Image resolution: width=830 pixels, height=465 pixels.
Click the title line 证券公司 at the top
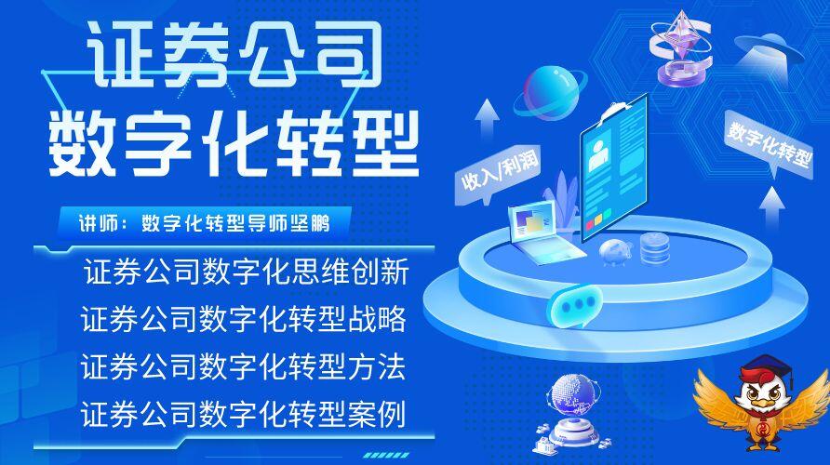pyautogui.click(x=234, y=55)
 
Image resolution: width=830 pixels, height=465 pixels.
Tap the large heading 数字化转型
pyautogui.click(x=234, y=143)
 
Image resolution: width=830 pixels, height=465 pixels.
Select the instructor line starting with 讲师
pyautogui.click(x=204, y=223)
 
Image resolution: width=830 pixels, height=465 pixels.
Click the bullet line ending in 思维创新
pyautogui.click(x=247, y=272)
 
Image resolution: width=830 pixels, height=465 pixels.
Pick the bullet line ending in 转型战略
pyautogui.click(x=244, y=318)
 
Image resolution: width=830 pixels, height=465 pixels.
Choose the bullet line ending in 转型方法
pyautogui.click(x=244, y=366)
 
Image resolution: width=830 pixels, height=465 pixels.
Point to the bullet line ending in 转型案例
pyautogui.click(x=244, y=414)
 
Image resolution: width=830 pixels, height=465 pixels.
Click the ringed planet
pyautogui.click(x=550, y=93)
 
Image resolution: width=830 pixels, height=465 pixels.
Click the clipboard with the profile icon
pyautogui.click(x=614, y=168)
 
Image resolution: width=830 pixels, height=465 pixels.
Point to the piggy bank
pyautogui.click(x=616, y=252)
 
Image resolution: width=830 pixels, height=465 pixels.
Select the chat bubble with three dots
pyautogui.click(x=574, y=305)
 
